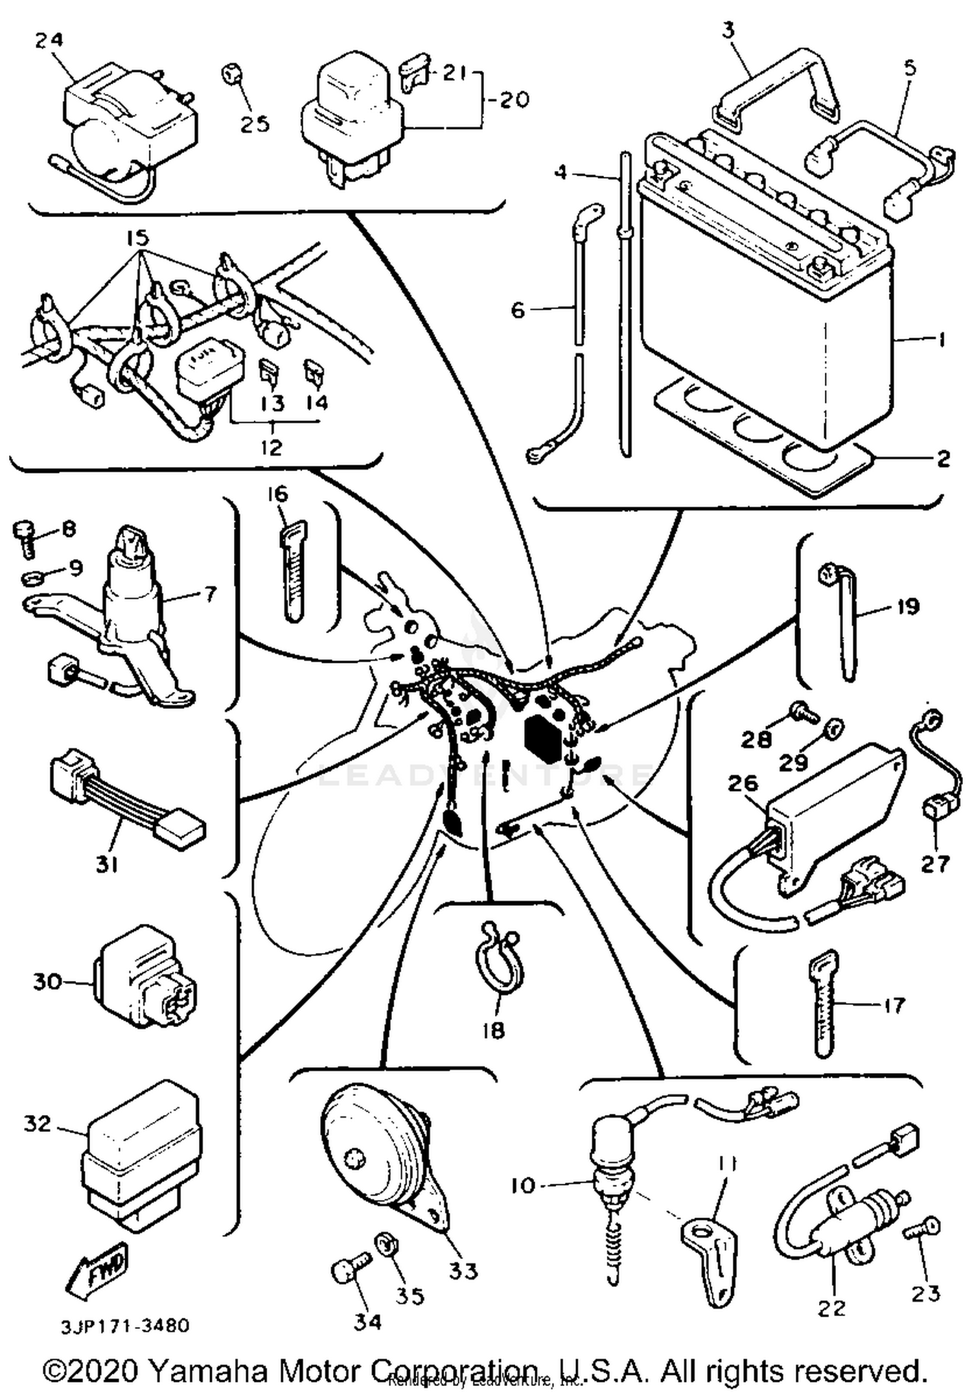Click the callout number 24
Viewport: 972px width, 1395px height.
tap(49, 40)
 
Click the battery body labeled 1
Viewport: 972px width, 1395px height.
tap(765, 324)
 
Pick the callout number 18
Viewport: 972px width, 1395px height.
tap(493, 1030)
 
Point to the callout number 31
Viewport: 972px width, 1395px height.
tap(107, 864)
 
